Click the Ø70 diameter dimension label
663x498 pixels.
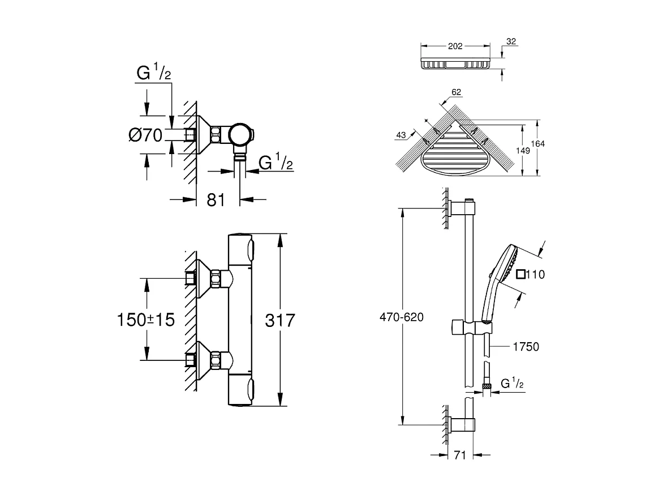click(145, 135)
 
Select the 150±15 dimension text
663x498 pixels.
click(145, 320)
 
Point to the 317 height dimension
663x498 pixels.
click(281, 320)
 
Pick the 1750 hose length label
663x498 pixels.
click(526, 347)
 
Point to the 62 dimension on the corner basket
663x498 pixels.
click(457, 91)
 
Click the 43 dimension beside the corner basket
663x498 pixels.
click(402, 135)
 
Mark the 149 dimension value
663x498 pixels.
click(523, 151)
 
